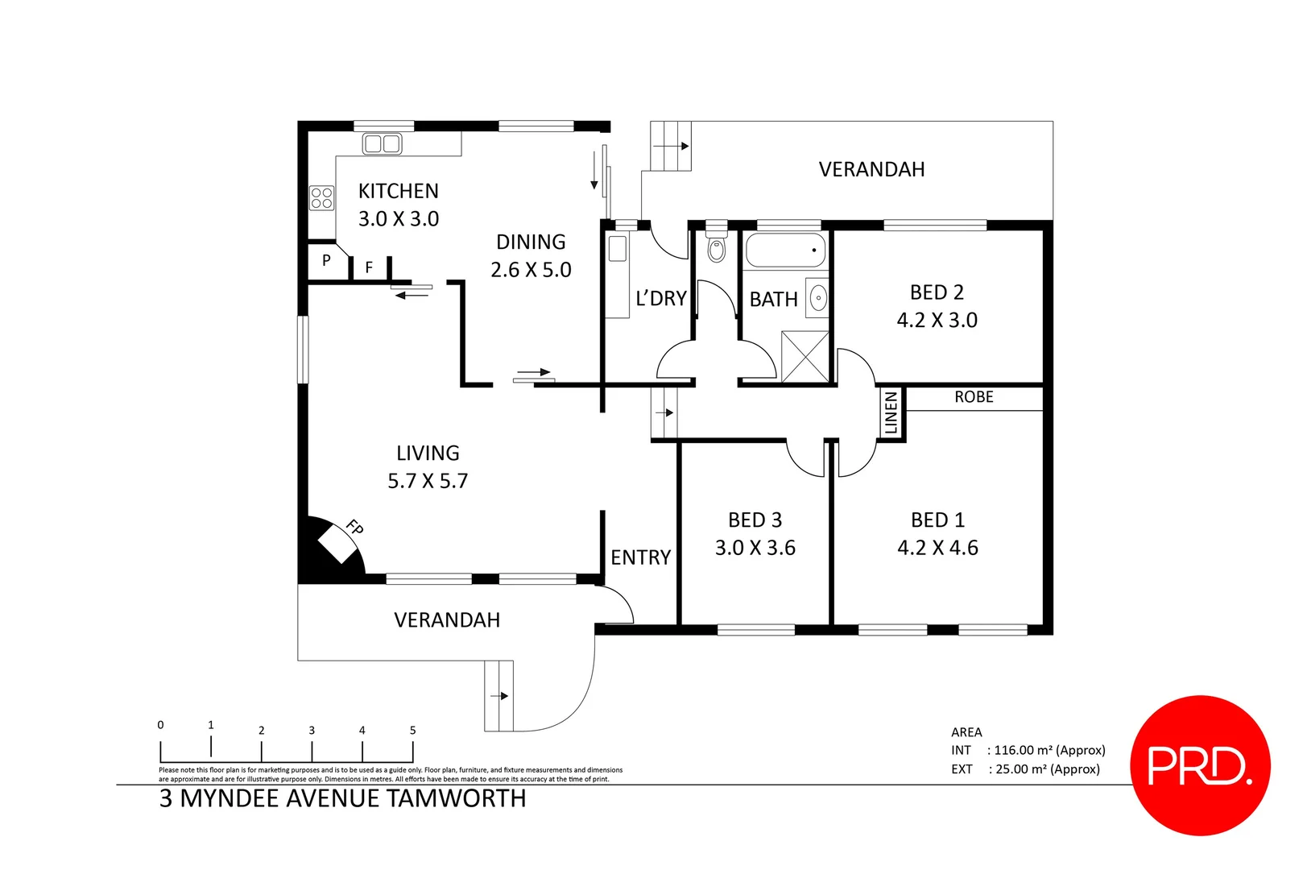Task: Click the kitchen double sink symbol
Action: tap(382, 144)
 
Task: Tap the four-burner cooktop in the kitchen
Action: tap(321, 197)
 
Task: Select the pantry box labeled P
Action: tap(326, 260)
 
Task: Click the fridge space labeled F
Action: tap(369, 267)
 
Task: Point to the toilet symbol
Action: tap(716, 249)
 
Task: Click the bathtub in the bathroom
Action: tap(785, 251)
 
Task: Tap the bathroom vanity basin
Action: tap(817, 298)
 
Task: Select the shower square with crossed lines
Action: tap(805, 356)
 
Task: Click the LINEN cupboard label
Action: tap(891, 412)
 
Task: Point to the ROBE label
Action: tap(974, 397)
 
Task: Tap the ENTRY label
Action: tap(640, 557)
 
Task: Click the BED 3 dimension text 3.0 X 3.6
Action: tap(755, 548)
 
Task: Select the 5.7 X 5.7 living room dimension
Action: tap(427, 481)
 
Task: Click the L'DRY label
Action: tap(660, 299)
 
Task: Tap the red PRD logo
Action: tap(1200, 765)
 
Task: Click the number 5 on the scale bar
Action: tap(412, 731)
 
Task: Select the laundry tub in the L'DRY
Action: tap(617, 248)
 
